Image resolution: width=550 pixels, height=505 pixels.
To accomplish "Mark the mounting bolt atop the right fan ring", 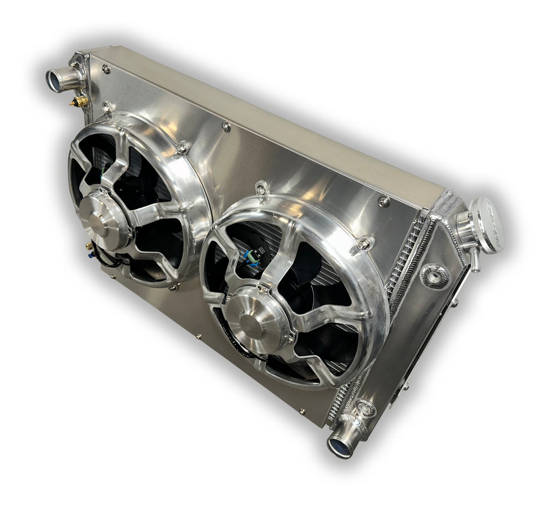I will tap(260, 191).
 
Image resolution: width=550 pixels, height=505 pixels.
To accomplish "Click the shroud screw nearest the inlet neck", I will tap(106, 68).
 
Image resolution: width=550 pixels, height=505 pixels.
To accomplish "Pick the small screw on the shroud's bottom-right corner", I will tap(302, 412).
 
